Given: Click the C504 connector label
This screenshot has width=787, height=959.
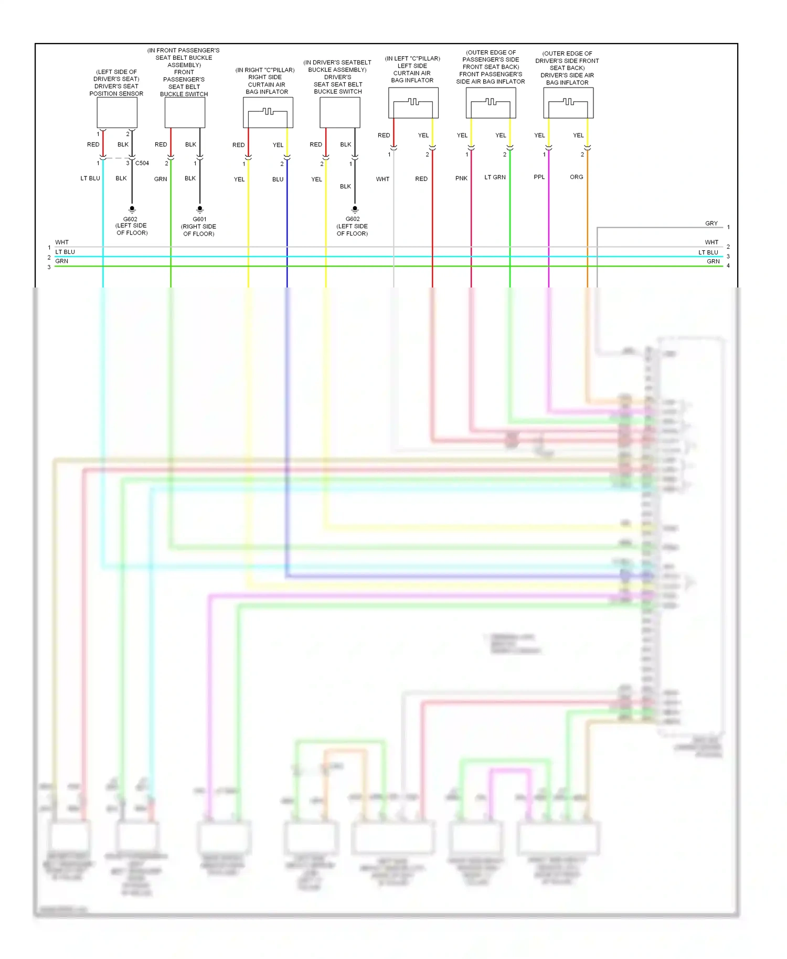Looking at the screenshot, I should tap(142, 163).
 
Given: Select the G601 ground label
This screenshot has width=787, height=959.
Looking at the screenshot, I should tap(199, 219).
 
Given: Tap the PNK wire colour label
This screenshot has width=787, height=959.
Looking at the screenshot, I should tap(461, 178).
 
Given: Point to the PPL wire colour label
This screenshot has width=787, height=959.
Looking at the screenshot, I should tap(539, 177).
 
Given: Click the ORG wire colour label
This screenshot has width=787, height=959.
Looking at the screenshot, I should tap(576, 177).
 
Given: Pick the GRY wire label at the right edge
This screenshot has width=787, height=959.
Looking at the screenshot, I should tap(711, 223).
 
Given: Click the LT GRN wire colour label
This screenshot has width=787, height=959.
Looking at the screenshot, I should tap(495, 177).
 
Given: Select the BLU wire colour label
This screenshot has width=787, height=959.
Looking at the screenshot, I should tap(278, 179).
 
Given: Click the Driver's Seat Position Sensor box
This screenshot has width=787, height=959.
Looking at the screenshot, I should tap(117, 113).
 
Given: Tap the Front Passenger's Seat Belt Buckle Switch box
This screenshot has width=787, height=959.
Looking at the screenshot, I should tap(185, 113).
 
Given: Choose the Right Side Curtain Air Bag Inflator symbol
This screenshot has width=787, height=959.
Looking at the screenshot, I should tap(268, 113).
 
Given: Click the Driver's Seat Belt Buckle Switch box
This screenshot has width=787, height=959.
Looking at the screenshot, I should tap(340, 113).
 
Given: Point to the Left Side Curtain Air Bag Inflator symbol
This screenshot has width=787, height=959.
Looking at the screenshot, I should tap(413, 103).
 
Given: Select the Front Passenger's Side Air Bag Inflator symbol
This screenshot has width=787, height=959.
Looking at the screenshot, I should tap(491, 103).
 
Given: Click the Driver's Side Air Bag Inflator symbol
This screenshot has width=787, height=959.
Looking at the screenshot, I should tap(568, 103).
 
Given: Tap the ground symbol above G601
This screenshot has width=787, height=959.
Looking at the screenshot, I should tap(199, 209).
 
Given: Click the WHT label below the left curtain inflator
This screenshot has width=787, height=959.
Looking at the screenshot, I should tap(382, 179).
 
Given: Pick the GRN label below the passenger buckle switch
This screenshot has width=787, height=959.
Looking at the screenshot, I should tap(161, 179).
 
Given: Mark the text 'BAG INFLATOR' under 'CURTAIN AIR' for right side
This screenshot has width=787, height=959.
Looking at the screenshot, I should tap(267, 92).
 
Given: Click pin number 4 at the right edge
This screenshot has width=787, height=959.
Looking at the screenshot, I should tap(728, 266).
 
